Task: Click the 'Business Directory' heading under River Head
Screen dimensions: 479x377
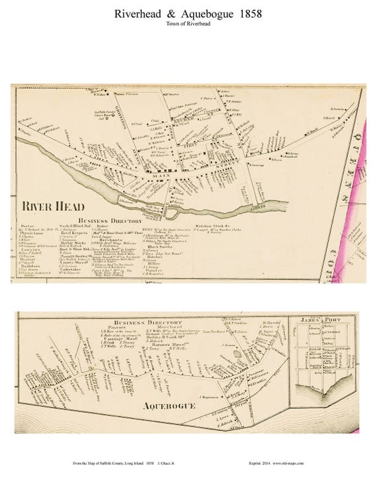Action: [109, 221]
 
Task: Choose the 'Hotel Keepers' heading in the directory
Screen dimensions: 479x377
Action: [75, 233]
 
